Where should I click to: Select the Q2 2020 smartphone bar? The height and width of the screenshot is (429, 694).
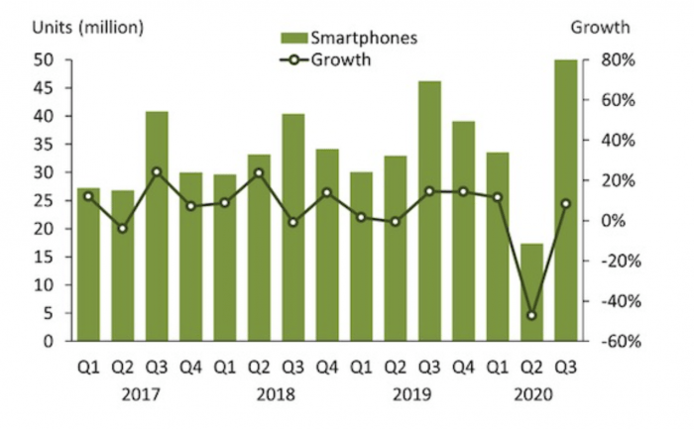pos(531,292)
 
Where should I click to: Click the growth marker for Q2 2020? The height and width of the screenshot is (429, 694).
pos(531,315)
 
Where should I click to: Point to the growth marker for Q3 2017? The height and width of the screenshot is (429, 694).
pos(157,171)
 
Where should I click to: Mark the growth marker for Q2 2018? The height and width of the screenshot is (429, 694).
pos(259,172)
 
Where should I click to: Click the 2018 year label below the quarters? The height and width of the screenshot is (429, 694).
pos(277,393)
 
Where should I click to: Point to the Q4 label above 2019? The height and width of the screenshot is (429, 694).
pos(463,367)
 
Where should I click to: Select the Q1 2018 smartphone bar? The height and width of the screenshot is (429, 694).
pos(225,258)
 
